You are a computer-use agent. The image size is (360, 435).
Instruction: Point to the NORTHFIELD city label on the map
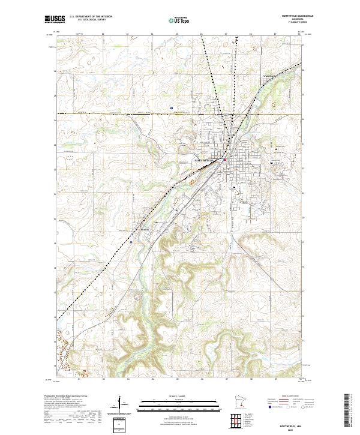pyautogui.click(x=205, y=160)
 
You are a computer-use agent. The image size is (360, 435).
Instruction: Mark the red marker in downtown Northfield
pyautogui.click(x=225, y=159)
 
